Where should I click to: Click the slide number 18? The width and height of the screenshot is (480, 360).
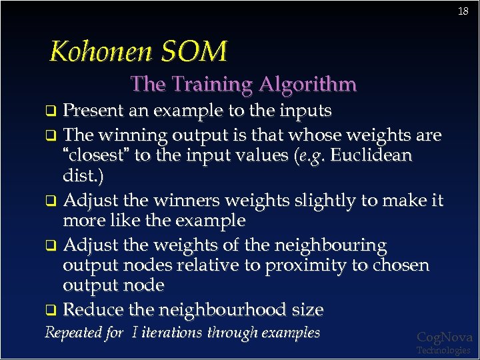[463, 11]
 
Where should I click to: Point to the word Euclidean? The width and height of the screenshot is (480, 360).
[371, 156]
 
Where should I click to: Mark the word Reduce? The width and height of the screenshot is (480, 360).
[93, 310]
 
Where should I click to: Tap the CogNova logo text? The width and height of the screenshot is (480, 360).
[444, 337]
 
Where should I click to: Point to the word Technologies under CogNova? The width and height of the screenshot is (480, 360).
[443, 350]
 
